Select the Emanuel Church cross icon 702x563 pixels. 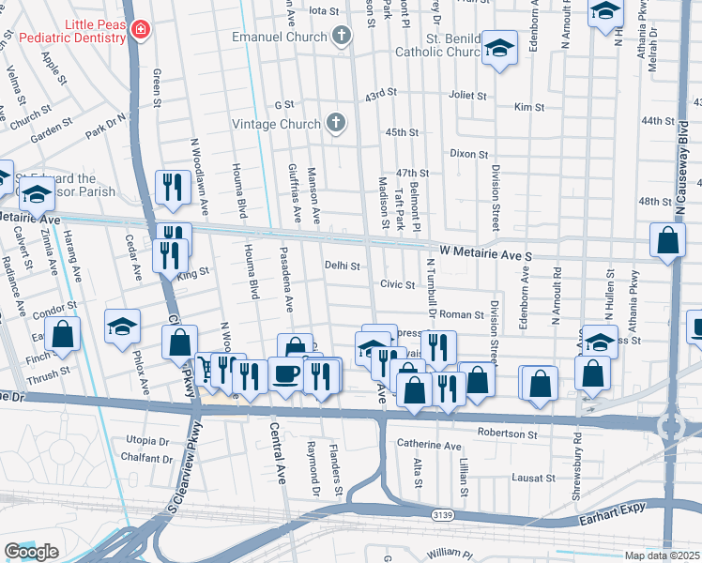pyautogui.click(x=341, y=37)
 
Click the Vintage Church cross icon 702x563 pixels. pyautogui.click(x=335, y=123)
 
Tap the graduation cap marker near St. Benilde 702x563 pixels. pyautogui.click(x=500, y=49)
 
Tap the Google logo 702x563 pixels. pyautogui.click(x=31, y=552)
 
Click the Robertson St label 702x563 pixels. pyautogui.click(x=507, y=434)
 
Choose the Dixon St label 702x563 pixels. pyautogui.click(x=469, y=153)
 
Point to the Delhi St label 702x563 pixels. pyautogui.click(x=343, y=266)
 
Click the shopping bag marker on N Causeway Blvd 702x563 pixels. pyautogui.click(x=667, y=241)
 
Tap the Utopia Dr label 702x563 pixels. pyautogui.click(x=147, y=440)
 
